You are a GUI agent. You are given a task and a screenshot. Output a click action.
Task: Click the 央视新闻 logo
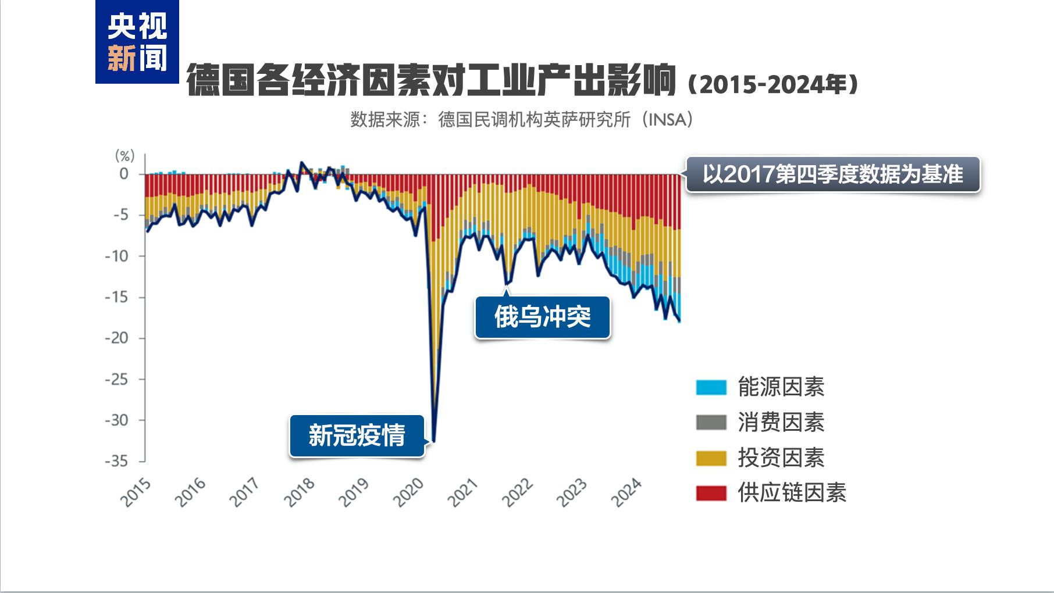[x=137, y=42]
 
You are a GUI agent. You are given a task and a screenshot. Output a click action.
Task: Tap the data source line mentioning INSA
[x=522, y=120]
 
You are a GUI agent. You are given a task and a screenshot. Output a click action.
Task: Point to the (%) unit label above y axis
[x=124, y=155]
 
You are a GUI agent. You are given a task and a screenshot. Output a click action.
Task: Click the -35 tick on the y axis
[x=116, y=461]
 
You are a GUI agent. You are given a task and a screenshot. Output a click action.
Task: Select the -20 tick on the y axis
[x=116, y=338]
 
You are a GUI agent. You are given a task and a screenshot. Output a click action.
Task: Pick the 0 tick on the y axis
[x=124, y=173]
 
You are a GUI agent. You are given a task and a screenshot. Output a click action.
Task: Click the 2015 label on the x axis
[x=136, y=492]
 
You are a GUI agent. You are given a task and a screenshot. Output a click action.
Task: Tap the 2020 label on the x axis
[x=408, y=492]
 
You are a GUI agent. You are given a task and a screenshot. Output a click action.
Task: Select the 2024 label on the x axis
[x=627, y=492]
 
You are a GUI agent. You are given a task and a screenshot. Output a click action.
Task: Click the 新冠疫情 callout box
[x=357, y=435]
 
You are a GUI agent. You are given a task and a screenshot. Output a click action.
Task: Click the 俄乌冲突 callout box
[x=542, y=317]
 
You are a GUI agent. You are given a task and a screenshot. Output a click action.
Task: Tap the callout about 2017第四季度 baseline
[x=832, y=174]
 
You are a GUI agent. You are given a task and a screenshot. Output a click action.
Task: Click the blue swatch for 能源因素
[x=711, y=387]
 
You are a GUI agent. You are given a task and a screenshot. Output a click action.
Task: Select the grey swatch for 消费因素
[x=711, y=423]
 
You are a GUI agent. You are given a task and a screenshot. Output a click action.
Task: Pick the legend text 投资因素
[x=781, y=458]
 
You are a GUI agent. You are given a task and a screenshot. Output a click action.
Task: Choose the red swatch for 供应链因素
[x=711, y=493]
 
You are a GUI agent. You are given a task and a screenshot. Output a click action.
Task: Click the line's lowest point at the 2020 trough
[x=434, y=441]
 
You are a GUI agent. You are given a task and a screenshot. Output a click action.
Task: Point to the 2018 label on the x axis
[x=299, y=492]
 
